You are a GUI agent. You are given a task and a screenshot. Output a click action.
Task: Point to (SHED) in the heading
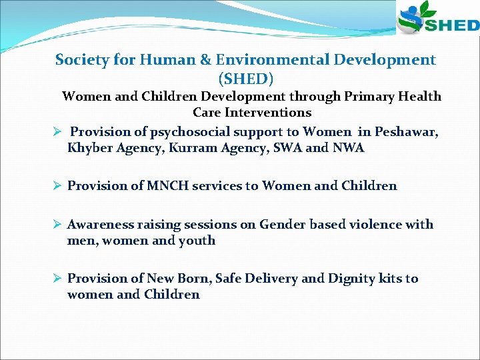(x=245, y=79)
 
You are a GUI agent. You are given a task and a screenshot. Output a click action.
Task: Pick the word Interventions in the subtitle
(x=252, y=113)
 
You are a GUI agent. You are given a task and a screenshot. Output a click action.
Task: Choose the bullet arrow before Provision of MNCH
(x=58, y=186)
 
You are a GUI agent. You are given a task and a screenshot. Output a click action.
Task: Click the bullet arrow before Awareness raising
(x=58, y=225)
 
